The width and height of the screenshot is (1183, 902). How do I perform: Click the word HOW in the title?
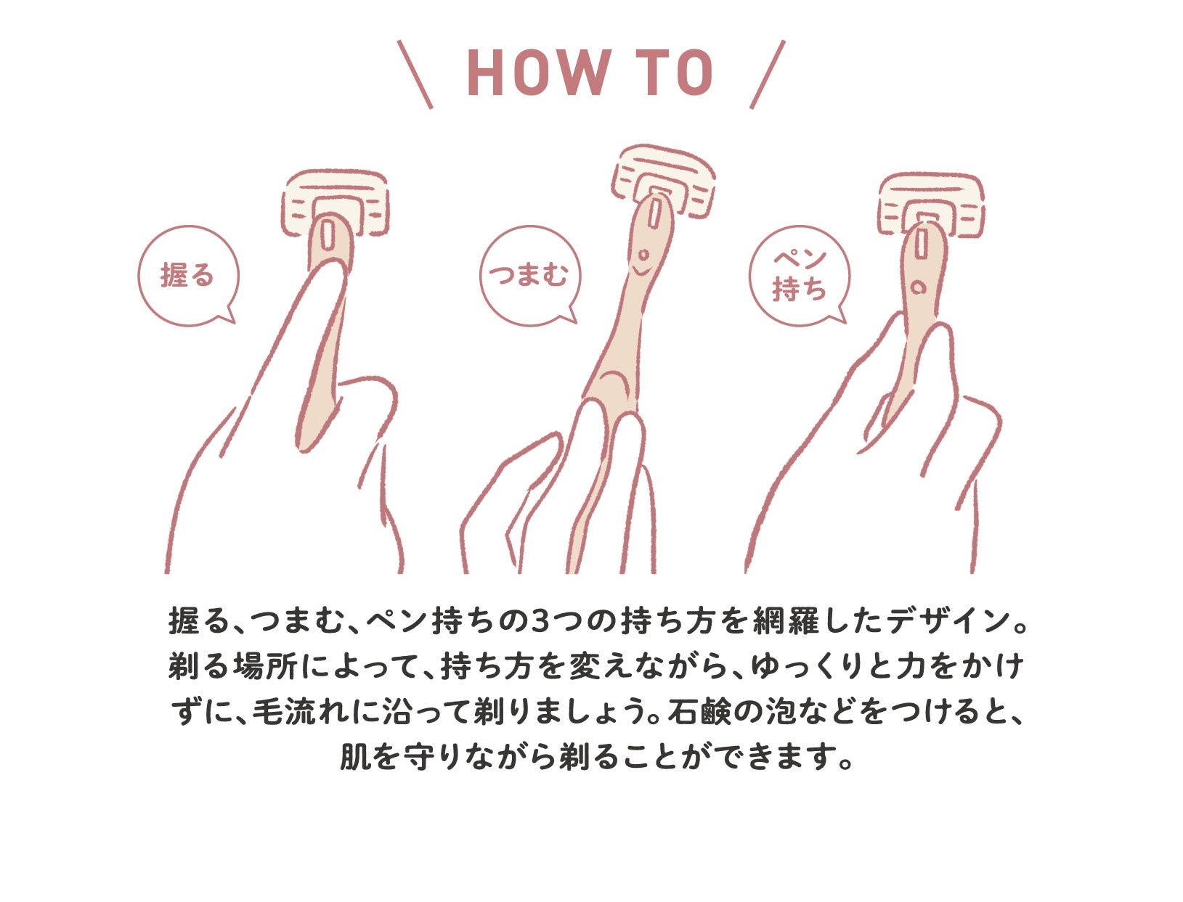coord(540,73)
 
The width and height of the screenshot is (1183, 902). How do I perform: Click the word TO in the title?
coord(675,73)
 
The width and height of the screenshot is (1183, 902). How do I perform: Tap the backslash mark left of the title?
coord(415,74)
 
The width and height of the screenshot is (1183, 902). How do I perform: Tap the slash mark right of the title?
coord(768,74)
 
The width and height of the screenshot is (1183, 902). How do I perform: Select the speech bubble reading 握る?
coord(188,275)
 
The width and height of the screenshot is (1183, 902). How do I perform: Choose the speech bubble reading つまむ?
coord(530,275)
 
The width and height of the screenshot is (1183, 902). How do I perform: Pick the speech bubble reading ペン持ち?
coord(800,275)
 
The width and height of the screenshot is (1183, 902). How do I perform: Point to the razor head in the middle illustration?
coord(664,181)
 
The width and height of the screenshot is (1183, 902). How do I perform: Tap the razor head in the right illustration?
coord(931,205)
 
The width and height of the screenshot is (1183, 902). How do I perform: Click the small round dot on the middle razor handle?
coord(643,254)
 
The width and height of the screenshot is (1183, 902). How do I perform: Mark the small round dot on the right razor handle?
coord(917,287)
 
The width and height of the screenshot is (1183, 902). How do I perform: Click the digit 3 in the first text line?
coord(540,621)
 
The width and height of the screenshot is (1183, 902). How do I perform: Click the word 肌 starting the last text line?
coord(355,757)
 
